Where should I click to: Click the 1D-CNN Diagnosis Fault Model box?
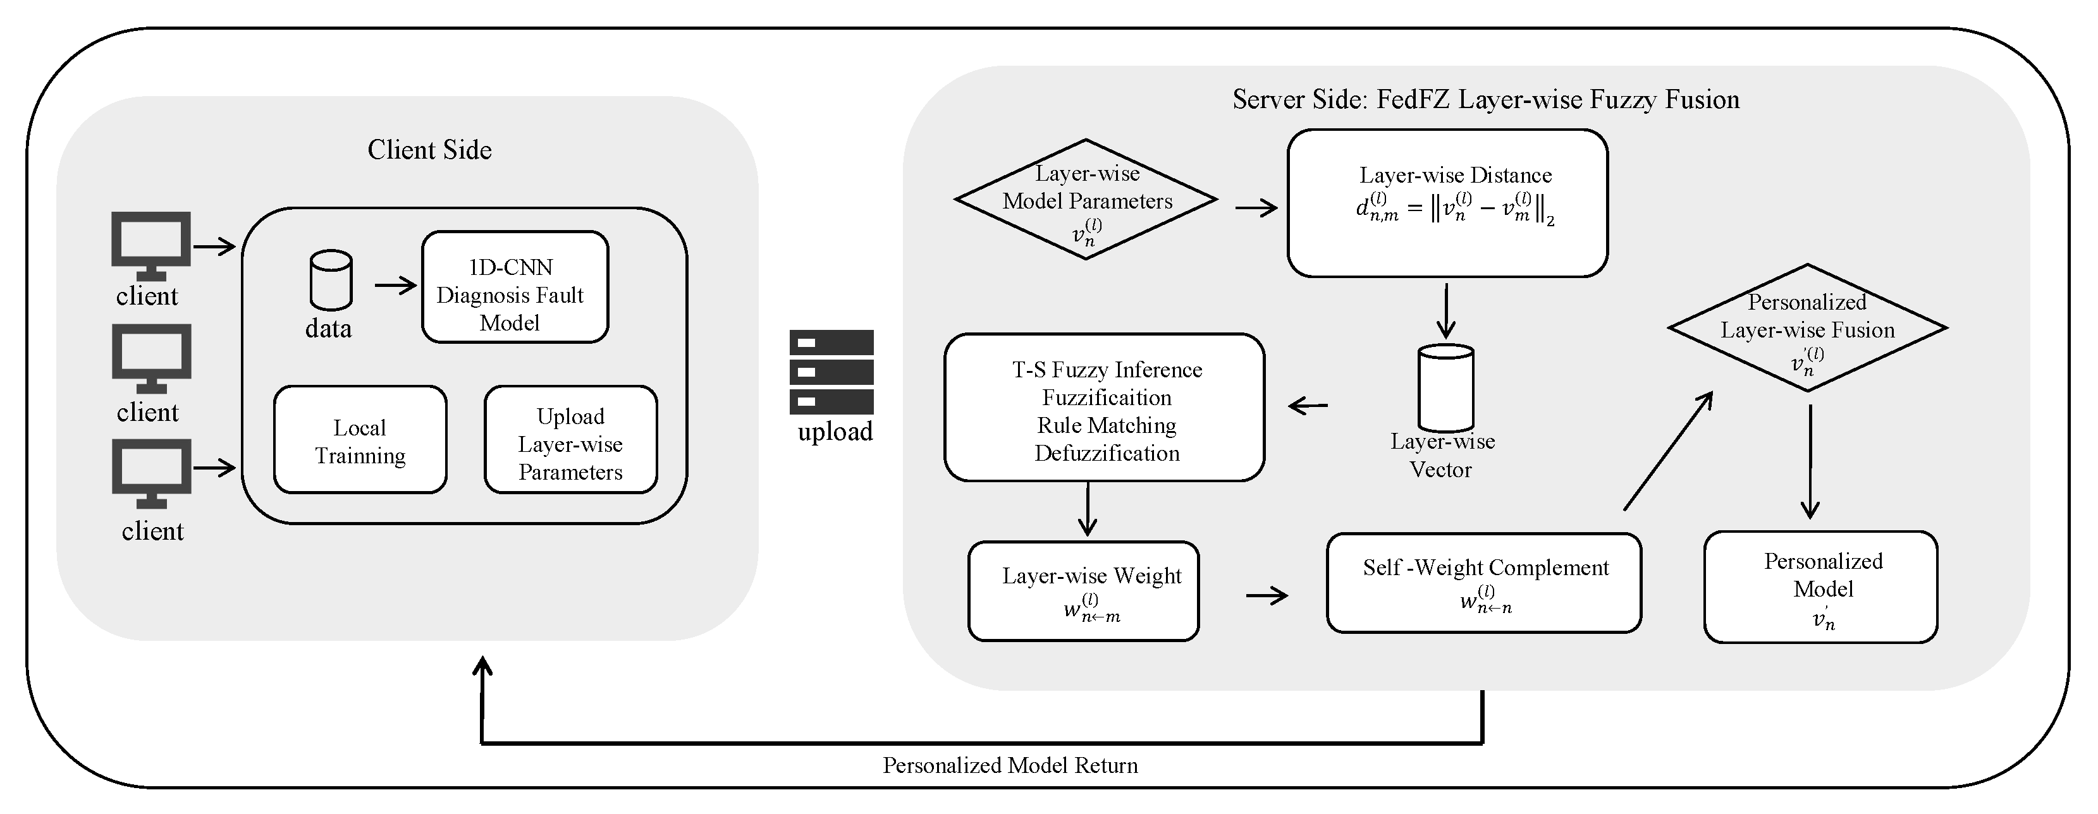[x=515, y=286]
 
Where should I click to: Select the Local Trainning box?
[x=360, y=440]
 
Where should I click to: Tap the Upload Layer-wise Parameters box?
[x=571, y=440]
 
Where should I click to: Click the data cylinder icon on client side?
[x=331, y=280]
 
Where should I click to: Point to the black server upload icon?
[x=831, y=372]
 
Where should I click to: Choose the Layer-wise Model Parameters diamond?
[x=1086, y=200]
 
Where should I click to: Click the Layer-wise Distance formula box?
[x=1447, y=203]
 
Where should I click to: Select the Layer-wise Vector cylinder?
[x=1445, y=387]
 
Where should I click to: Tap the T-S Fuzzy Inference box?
[x=1105, y=407]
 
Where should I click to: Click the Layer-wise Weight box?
[x=1083, y=591]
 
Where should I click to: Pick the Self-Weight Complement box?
[x=1484, y=583]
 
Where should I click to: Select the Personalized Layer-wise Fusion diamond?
[x=1808, y=328]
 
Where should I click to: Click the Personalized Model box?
[x=1821, y=587]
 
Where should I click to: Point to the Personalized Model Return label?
[x=1010, y=765]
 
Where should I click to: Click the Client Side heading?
[x=429, y=150]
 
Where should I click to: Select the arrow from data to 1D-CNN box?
[x=396, y=285]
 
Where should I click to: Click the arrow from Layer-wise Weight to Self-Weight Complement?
[x=1267, y=596]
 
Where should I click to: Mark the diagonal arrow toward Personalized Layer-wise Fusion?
[x=1668, y=451]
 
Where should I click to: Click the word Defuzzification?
[x=1107, y=453]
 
